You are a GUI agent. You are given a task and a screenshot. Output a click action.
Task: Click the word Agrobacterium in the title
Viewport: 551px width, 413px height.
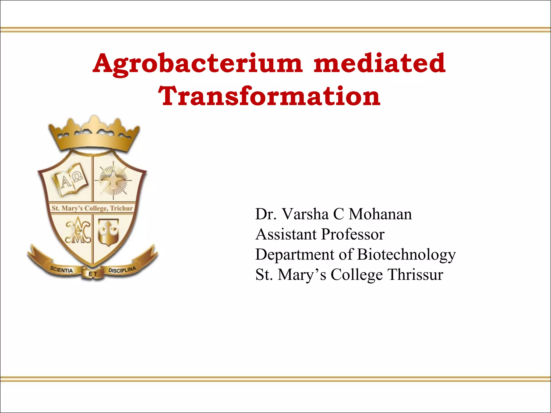coord(198,63)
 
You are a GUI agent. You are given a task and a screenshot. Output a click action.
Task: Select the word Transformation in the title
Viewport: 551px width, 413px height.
coord(269,96)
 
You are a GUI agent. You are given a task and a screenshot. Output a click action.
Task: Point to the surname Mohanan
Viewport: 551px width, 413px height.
coord(380,215)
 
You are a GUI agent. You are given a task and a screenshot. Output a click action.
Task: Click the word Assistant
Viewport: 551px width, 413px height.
coord(286,234)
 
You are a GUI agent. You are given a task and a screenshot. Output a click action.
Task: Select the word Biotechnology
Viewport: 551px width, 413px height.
coord(407,255)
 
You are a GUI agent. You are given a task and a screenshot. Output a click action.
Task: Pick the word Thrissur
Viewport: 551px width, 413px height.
coord(415,275)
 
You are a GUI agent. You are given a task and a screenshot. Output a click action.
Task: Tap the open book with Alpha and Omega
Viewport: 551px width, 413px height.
coord(70,181)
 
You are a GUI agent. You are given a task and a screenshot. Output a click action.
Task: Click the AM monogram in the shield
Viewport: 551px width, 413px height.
coord(78,232)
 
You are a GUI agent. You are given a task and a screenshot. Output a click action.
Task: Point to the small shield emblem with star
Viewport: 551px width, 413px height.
coord(108,232)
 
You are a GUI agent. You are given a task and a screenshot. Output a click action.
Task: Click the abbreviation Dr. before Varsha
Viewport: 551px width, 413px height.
coord(266,215)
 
